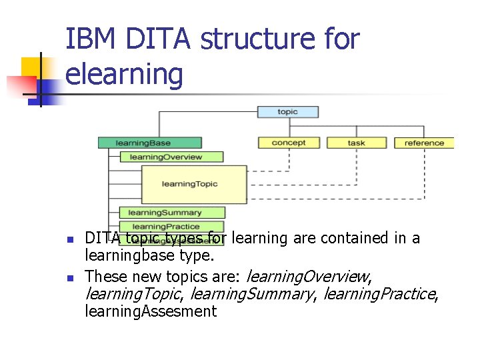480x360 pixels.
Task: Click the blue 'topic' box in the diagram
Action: click(287, 112)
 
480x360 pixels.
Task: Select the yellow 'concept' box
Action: click(289, 143)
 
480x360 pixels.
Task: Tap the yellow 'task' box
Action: click(356, 143)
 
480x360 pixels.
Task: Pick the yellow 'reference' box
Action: click(424, 143)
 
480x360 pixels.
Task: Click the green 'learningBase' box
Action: click(149, 143)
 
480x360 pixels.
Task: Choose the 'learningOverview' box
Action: click(171, 157)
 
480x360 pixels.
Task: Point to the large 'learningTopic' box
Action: click(194, 184)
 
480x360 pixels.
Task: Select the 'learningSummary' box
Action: click(171, 213)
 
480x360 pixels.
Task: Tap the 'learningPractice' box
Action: click(171, 227)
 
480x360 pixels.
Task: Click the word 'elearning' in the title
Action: click(125, 73)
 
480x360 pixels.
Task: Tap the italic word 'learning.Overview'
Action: click(309, 275)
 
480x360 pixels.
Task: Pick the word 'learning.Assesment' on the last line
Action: click(151, 311)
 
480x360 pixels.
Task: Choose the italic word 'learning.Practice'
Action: click(379, 293)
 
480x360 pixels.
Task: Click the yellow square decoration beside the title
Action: click(32, 69)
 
